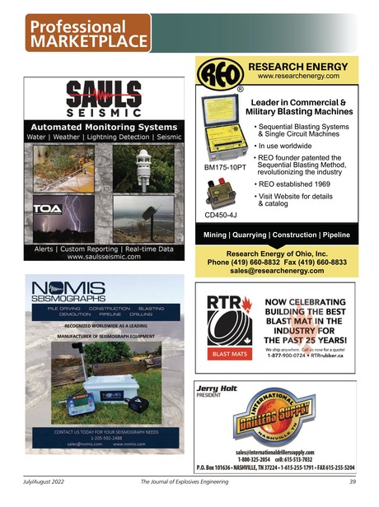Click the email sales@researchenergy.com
point(277,270)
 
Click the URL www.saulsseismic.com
point(102,257)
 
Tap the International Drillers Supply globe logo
point(276,421)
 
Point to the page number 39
point(351,481)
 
